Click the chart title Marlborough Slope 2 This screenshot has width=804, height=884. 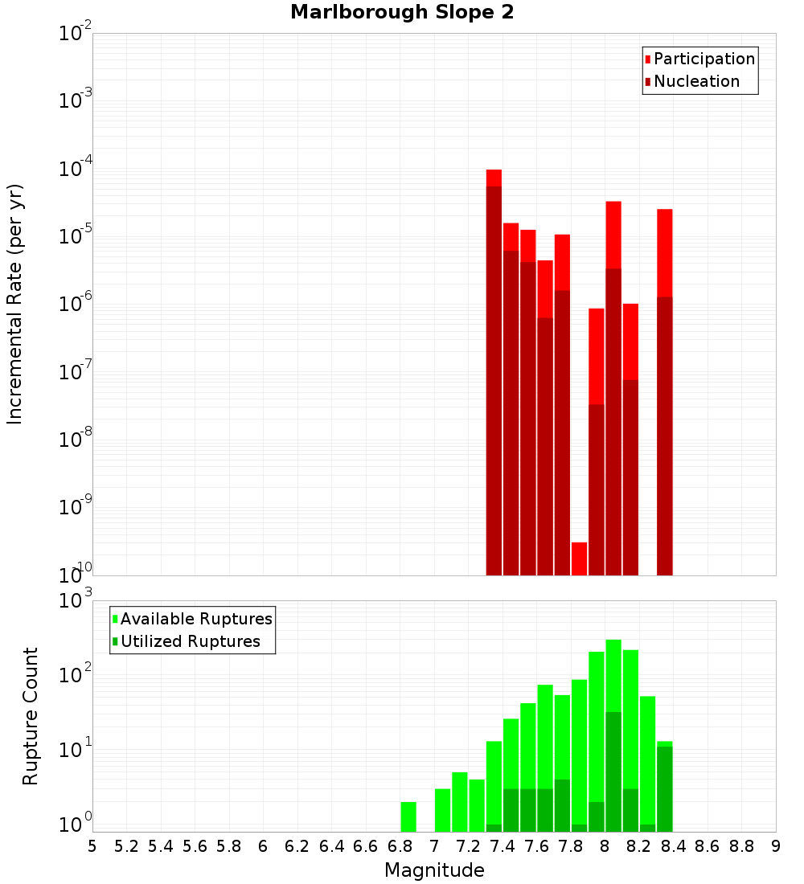402,12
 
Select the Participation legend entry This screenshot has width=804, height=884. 699,59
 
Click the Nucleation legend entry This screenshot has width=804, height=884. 691,81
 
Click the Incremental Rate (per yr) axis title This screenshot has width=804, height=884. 15,304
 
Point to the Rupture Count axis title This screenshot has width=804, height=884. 31,715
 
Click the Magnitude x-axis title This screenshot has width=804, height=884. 434,870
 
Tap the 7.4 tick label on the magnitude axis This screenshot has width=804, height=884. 503,846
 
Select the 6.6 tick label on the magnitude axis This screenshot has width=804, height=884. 366,846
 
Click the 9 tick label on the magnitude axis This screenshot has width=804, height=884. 776,846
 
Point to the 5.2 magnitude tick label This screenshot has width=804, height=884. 126,846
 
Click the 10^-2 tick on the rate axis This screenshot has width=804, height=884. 76,34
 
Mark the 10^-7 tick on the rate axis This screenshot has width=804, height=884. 76,372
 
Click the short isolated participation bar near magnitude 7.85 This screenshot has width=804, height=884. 579,559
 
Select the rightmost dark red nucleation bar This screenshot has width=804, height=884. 664,434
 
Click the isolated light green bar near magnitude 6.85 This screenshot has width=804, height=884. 408,816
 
